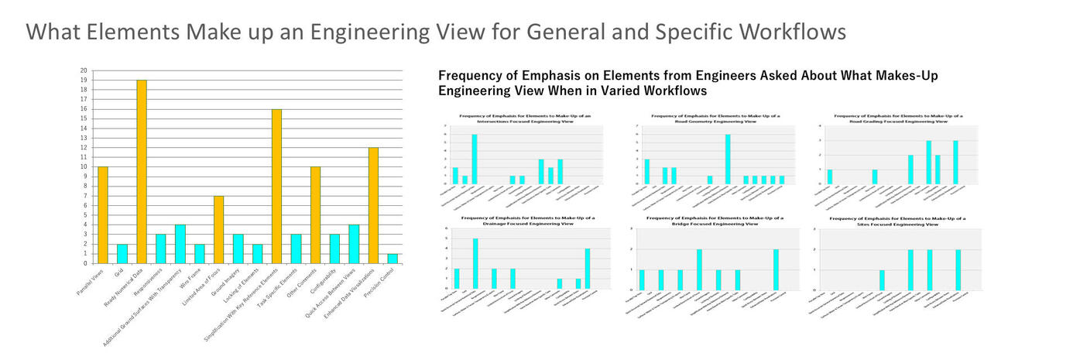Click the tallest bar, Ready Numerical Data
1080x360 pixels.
click(142, 171)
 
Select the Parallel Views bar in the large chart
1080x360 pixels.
click(103, 214)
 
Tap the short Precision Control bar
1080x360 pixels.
click(393, 259)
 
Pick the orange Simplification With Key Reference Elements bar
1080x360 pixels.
click(276, 186)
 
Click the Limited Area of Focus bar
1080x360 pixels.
click(218, 229)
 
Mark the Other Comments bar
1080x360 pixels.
click(315, 214)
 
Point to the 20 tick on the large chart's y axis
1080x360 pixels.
click(84, 70)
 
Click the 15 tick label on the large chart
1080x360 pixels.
click(84, 118)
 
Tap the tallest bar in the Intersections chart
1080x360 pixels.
click(474, 159)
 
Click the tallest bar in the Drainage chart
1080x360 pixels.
click(475, 263)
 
